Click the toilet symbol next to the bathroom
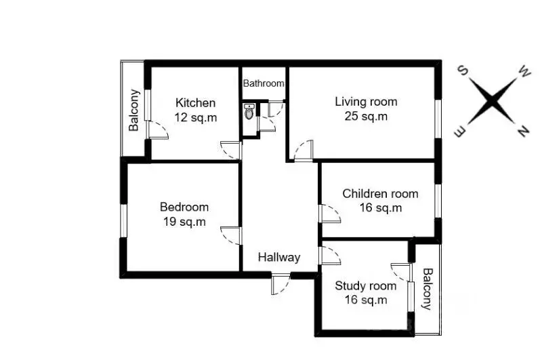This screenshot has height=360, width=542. [x=249, y=111]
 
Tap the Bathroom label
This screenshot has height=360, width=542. [x=264, y=83]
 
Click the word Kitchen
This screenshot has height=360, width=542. [x=196, y=102]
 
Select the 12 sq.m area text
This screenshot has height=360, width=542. [x=196, y=117]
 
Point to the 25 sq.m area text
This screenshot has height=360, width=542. [x=366, y=116]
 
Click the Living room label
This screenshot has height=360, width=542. [x=366, y=102]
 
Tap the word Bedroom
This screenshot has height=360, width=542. [x=184, y=207]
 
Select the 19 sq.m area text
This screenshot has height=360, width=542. [x=184, y=221]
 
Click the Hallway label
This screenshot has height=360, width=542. [x=279, y=258]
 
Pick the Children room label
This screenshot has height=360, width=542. [x=380, y=194]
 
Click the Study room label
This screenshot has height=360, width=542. [x=366, y=286]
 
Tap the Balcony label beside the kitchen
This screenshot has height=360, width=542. [x=133, y=111]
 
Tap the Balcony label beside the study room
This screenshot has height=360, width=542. [x=428, y=289]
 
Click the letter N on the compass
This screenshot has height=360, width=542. [x=524, y=131]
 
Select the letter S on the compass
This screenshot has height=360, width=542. [x=463, y=71]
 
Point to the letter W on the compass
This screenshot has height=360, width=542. [x=524, y=73]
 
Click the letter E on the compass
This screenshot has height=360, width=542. [x=461, y=132]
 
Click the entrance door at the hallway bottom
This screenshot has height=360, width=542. [x=280, y=283]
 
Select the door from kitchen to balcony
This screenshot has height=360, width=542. [x=157, y=129]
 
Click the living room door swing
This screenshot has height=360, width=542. [x=303, y=151]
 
